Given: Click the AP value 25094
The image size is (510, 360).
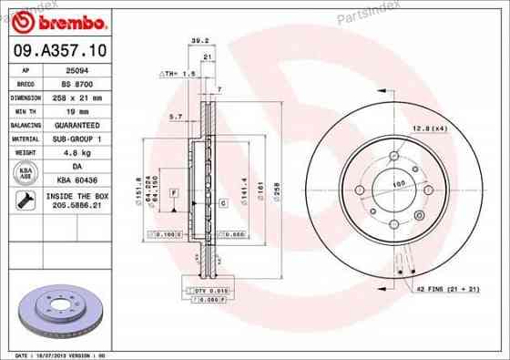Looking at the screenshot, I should point(77,69).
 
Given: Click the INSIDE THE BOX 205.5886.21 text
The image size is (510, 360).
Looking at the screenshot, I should point(77,201).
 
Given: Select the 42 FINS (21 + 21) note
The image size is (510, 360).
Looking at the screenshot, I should point(447,289).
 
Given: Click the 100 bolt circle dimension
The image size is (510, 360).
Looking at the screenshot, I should point(396,184).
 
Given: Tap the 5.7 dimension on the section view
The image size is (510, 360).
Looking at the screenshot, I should point(177,117).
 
